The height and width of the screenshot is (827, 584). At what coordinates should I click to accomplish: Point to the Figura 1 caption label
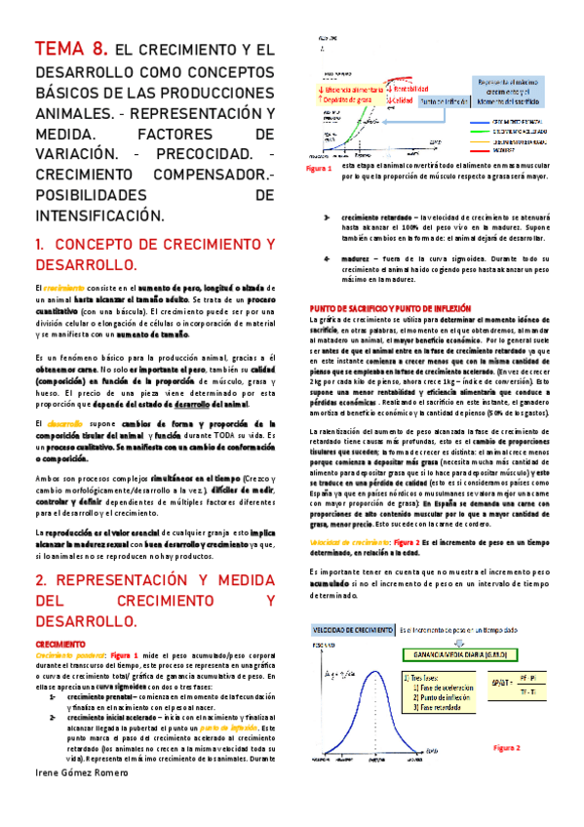[x=319, y=169]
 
